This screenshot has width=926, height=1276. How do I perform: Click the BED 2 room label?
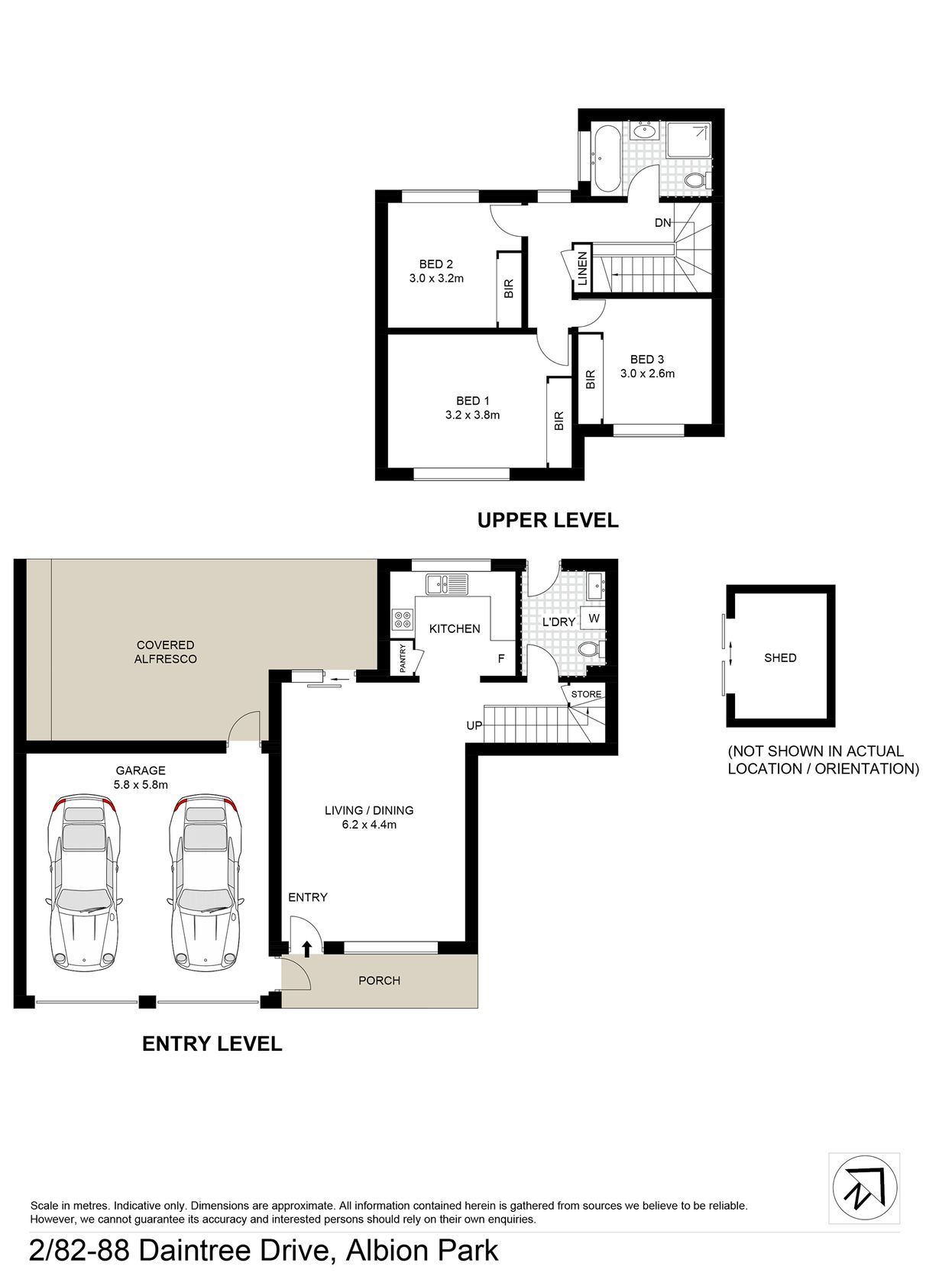pyautogui.click(x=435, y=263)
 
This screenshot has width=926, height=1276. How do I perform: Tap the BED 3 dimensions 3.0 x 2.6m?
pyautogui.click(x=647, y=373)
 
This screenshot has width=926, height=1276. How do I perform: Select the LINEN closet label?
pyautogui.click(x=582, y=268)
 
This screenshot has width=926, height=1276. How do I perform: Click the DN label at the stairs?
pyautogui.click(x=662, y=223)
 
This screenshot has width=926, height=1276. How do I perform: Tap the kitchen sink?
pyautogui.click(x=446, y=583)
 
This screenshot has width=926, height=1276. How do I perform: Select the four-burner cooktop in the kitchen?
pyautogui.click(x=403, y=619)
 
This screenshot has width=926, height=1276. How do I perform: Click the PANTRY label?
pyautogui.click(x=403, y=658)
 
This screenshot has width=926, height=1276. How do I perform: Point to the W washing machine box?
pyautogui.click(x=594, y=618)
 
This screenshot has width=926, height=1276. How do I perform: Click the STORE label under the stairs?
pyautogui.click(x=586, y=694)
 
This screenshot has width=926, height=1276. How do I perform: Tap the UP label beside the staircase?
pyautogui.click(x=474, y=725)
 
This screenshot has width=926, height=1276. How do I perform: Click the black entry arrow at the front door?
pyautogui.click(x=306, y=948)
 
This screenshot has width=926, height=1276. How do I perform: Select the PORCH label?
pyautogui.click(x=379, y=980)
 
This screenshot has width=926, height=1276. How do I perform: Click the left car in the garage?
pyautogui.click(x=83, y=883)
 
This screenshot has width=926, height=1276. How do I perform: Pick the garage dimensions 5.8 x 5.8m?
pyautogui.click(x=141, y=784)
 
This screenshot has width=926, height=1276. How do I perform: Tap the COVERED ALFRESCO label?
pyautogui.click(x=165, y=651)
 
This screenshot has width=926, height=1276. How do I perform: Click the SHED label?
pyautogui.click(x=779, y=658)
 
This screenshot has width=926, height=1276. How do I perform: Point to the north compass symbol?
pyautogui.click(x=864, y=1188)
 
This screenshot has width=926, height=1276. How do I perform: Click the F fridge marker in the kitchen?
pyautogui.click(x=501, y=658)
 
